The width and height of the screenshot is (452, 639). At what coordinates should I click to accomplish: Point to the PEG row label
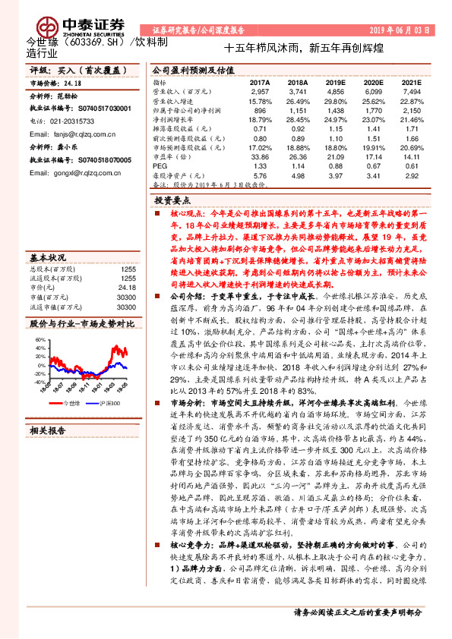click(x=159, y=165)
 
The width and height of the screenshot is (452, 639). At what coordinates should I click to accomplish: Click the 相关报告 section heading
click(x=47, y=430)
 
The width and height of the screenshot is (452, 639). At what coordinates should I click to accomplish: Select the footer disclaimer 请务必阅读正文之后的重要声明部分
click(x=357, y=612)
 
